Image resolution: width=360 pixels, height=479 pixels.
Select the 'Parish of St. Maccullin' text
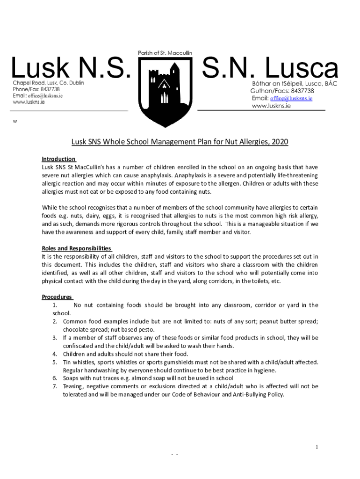(165, 53)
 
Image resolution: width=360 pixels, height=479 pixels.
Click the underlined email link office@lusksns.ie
(289, 99)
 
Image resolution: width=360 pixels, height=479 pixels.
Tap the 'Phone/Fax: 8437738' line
(36, 89)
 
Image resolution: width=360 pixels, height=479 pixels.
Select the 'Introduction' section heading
(58, 159)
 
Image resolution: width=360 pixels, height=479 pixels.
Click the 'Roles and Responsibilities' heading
(76, 248)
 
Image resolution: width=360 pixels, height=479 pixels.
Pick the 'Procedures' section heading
(57, 297)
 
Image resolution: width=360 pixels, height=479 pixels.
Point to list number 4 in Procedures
(55, 354)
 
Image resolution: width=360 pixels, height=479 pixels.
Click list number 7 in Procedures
(55, 386)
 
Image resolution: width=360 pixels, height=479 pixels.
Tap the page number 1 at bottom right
(317, 448)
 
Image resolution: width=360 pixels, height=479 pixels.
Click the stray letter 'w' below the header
(15, 122)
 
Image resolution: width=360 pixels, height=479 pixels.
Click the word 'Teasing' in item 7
(72, 386)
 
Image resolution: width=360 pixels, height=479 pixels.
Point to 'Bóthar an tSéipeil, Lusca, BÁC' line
(295, 83)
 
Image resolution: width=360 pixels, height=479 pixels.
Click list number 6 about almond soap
(55, 378)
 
